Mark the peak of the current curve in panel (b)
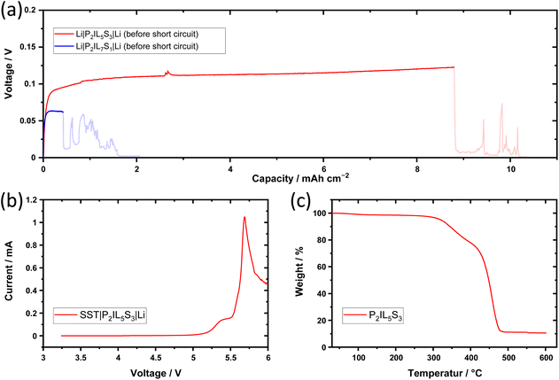(245, 217)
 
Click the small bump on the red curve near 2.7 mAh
(167, 73)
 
